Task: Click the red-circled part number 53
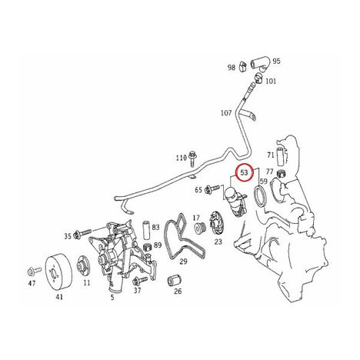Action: tap(245, 172)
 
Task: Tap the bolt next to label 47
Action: tap(34, 271)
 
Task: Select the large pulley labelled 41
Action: tap(58, 272)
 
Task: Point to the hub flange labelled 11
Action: tap(83, 265)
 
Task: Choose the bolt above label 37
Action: tap(140, 281)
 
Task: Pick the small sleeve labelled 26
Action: tap(175, 280)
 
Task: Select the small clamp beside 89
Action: tap(148, 247)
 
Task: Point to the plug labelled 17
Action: tap(200, 228)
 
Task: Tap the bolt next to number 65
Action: tap(212, 189)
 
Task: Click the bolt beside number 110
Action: tap(192, 159)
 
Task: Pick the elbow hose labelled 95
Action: tap(260, 64)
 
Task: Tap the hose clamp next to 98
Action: tap(242, 67)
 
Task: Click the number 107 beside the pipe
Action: tap(226, 113)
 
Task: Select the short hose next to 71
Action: tap(280, 156)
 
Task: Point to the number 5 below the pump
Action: tap(112, 298)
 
